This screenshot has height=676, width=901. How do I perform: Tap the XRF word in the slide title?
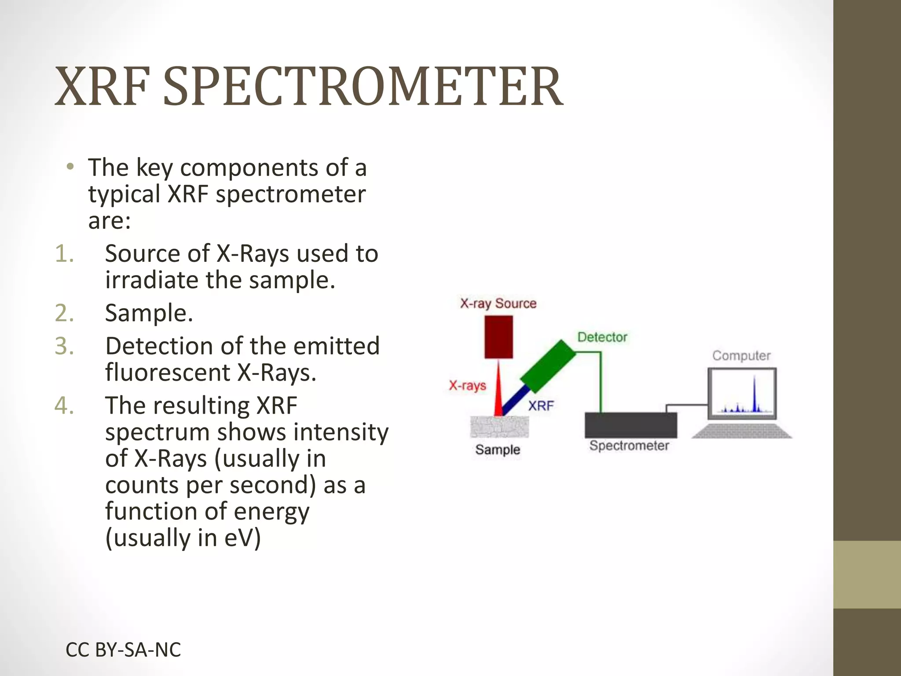pyautogui.click(x=102, y=86)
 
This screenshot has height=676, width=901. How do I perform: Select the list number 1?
pyautogui.click(x=64, y=254)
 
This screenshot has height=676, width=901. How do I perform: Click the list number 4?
pyautogui.click(x=64, y=405)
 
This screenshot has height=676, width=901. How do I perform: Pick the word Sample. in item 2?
pyautogui.click(x=149, y=313)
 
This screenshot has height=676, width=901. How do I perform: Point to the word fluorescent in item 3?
pyautogui.click(x=168, y=373)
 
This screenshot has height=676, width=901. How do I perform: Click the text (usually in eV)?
pyautogui.click(x=183, y=538)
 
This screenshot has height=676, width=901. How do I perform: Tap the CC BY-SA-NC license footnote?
pyautogui.click(x=123, y=650)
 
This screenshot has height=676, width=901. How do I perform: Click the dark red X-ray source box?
pyautogui.click(x=498, y=337)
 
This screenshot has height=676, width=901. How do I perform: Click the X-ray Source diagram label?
pyautogui.click(x=498, y=303)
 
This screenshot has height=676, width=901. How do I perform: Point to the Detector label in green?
pyautogui.click(x=602, y=337)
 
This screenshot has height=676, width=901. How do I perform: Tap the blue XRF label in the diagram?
pyautogui.click(x=541, y=405)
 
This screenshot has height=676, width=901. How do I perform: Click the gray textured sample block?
pyautogui.click(x=499, y=426)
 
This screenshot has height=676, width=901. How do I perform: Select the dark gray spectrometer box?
pyautogui.click(x=630, y=425)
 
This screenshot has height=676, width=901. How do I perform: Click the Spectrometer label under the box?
pyautogui.click(x=629, y=446)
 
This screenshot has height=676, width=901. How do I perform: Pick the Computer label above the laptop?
pyautogui.click(x=741, y=356)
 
